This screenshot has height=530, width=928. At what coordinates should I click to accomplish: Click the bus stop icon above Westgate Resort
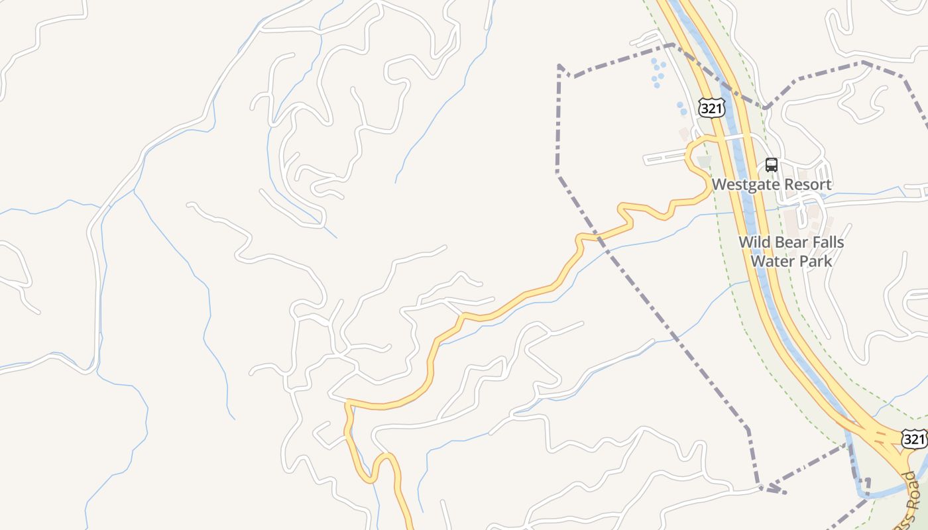(772, 165)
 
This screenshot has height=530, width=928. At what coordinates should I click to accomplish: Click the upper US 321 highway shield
(711, 109)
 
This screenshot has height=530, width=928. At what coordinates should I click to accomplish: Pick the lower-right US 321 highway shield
(914, 439)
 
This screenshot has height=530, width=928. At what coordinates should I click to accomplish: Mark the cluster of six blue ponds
(657, 72)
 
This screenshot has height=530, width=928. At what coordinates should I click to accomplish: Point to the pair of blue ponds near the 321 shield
(681, 108)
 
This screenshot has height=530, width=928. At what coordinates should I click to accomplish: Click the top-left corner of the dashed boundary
(559, 66)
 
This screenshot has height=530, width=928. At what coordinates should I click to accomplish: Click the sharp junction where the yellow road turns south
(347, 401)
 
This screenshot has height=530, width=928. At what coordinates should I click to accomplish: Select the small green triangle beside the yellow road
(704, 161)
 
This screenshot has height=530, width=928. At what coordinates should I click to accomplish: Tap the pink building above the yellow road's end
(683, 134)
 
